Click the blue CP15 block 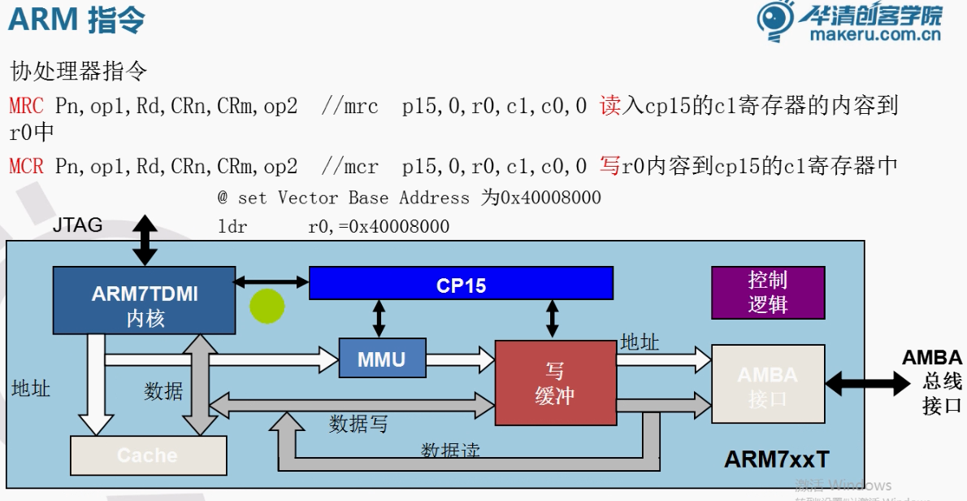[461, 283]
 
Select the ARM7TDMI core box [144, 300]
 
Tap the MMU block [382, 358]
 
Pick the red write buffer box [555, 382]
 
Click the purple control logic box [768, 293]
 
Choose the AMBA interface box [768, 384]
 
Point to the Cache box [148, 455]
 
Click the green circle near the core [267, 307]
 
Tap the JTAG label [78, 225]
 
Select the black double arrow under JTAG [145, 240]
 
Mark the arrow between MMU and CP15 [379, 318]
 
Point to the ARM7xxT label [777, 460]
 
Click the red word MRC [27, 106]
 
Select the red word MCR [27, 167]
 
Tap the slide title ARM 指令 [76, 20]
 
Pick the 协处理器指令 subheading [78, 71]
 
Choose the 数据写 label [358, 424]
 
